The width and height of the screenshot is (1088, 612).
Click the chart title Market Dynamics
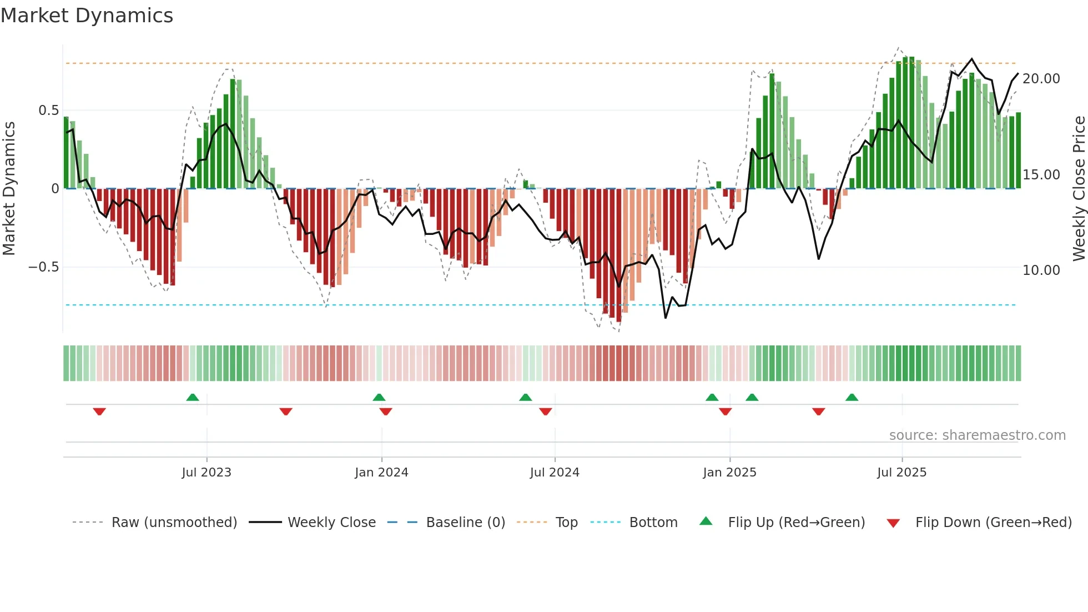pos(87,16)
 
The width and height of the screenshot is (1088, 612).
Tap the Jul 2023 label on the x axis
pos(206,473)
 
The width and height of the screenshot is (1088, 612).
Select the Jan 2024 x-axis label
pos(381,473)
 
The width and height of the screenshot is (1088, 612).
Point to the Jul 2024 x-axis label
pos(555,473)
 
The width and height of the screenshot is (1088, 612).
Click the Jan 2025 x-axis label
pos(729,473)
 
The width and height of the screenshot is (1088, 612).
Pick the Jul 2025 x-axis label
pos(902,473)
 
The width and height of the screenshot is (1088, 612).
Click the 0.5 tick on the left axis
pos(48,111)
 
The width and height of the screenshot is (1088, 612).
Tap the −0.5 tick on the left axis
pos(43,267)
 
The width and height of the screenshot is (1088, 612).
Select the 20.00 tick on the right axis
pos(1041,79)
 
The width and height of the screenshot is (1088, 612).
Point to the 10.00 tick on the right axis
pos(1041,270)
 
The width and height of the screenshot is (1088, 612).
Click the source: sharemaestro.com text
pos(977,435)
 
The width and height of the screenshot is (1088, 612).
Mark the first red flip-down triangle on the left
pos(99,412)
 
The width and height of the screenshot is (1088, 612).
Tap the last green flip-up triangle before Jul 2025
pos(852,397)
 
